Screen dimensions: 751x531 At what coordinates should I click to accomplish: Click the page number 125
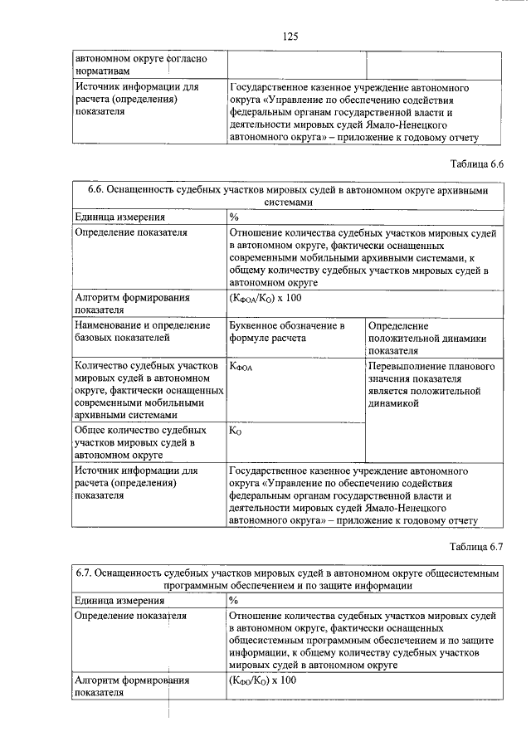tap(290, 37)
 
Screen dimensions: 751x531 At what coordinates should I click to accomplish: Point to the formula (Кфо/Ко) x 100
tap(261, 680)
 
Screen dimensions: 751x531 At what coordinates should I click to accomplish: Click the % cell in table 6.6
tap(234, 217)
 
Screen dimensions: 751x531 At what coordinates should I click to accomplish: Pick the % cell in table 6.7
tap(234, 600)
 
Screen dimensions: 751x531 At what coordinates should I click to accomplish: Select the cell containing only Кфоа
tap(241, 366)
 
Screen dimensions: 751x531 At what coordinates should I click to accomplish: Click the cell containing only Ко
tap(236, 431)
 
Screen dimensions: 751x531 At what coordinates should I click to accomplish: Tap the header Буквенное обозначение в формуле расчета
tap(285, 331)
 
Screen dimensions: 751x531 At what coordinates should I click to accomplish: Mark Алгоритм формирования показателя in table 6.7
tap(132, 686)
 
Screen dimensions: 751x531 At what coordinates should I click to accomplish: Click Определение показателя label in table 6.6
tap(130, 232)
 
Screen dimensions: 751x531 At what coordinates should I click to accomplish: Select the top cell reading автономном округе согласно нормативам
tap(141, 65)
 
